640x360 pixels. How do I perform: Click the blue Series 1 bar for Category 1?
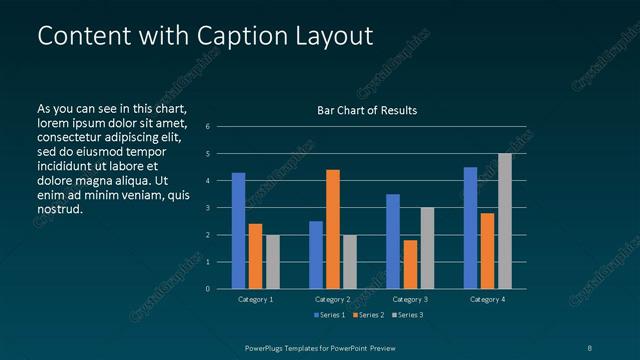238,231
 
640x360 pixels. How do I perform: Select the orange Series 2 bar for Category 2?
333,229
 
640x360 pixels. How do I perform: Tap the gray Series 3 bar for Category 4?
504,221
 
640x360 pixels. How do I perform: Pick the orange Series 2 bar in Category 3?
410,264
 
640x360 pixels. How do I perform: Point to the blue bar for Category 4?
470,228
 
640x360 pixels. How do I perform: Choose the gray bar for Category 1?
272,262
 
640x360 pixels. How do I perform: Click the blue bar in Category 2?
316,255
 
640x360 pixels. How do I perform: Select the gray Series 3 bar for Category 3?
427,248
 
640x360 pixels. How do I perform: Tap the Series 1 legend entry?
329,316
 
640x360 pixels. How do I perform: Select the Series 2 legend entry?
367,316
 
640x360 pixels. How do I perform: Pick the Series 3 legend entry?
406,316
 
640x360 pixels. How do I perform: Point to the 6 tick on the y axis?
207,127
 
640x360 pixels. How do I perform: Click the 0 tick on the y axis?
207,289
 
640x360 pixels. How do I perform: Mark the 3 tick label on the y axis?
207,208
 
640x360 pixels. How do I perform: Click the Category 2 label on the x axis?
333,299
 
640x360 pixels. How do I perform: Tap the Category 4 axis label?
487,299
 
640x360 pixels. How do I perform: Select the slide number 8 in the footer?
590,347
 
